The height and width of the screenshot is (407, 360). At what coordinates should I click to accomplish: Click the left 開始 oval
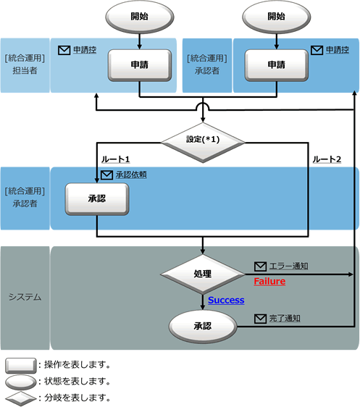pos(139,17)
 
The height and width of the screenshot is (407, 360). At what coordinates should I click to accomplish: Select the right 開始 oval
pos(277,17)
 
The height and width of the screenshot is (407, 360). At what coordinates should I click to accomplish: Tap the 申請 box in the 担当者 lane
pos(140,65)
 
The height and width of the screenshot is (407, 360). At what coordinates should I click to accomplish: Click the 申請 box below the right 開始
pos(277,65)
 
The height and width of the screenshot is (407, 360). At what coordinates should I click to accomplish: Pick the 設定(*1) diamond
pos(203,142)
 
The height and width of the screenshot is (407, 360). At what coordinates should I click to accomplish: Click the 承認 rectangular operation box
pos(97,199)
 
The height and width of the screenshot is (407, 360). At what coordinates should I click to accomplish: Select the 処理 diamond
pos(202,274)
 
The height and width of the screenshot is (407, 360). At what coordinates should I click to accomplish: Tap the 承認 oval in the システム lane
pos(203,327)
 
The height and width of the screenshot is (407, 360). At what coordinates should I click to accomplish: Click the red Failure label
pos(269,282)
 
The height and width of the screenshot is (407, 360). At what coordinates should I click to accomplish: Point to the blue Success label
pos(226,300)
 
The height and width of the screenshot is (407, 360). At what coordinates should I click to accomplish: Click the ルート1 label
pos(115,159)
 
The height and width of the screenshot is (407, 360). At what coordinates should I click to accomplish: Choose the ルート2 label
pos(327,159)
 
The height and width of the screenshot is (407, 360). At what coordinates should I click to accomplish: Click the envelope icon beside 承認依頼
pos(106,175)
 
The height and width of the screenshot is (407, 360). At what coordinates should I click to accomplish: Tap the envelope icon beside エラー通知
pos(260,267)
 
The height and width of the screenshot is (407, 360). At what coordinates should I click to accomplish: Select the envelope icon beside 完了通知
pos(260,319)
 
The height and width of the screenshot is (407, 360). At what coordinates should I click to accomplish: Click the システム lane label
pos(25,297)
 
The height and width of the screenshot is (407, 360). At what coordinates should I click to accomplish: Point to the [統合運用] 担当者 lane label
pos(25,64)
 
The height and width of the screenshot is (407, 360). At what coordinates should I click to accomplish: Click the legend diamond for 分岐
pos(21,398)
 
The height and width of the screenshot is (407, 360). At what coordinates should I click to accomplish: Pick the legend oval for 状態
pos(21,382)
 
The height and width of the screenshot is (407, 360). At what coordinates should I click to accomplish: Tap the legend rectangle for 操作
pos(21,366)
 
